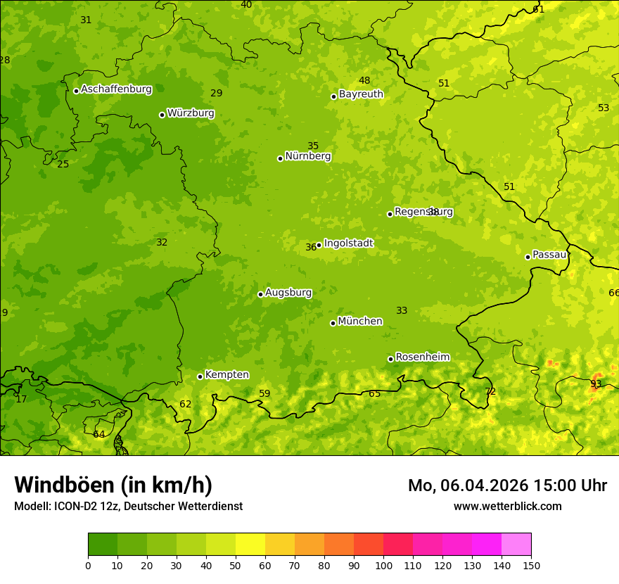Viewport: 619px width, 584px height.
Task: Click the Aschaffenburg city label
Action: (x=116, y=89)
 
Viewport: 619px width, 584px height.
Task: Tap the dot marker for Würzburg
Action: (x=162, y=115)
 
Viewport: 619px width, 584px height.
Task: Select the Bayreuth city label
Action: (x=361, y=94)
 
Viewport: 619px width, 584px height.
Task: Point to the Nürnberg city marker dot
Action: (x=280, y=158)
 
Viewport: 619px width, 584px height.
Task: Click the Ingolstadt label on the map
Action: (x=348, y=243)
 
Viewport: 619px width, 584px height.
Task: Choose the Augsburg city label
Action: (x=288, y=293)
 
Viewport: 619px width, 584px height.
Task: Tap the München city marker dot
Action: (x=333, y=323)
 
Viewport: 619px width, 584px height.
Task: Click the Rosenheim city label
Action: (x=422, y=357)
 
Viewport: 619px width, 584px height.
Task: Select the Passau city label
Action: (x=549, y=255)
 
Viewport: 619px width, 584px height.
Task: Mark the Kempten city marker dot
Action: (x=200, y=376)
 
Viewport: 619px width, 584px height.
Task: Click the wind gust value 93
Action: (x=596, y=383)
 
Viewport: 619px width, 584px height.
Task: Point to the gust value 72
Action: (x=490, y=392)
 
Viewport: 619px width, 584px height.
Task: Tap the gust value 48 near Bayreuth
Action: (x=364, y=81)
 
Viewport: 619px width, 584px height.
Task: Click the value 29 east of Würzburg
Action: (x=217, y=94)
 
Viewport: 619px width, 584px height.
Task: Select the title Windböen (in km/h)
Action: (x=113, y=485)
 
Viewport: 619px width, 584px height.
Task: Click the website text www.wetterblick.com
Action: (x=507, y=507)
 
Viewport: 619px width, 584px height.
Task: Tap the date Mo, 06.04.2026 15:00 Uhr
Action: (x=507, y=485)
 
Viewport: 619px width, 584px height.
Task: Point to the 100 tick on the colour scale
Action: (x=383, y=565)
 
